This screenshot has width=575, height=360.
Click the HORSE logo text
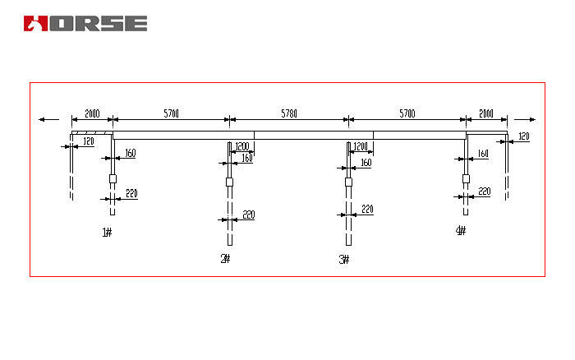[x=85, y=23]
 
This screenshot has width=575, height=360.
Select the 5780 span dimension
[x=289, y=112]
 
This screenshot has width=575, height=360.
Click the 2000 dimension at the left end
[x=92, y=113]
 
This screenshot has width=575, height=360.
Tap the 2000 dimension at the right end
[x=486, y=113]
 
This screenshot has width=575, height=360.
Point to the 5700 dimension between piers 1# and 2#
[x=171, y=113]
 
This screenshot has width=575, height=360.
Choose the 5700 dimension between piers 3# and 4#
[x=407, y=113]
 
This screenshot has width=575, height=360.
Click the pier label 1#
[x=107, y=233]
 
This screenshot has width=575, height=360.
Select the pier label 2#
[x=225, y=259]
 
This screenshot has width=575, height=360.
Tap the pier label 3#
[x=343, y=259]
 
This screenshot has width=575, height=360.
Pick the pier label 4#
[x=460, y=231]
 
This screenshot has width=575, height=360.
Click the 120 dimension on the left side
[x=88, y=142]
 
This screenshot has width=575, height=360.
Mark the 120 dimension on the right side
[x=522, y=136]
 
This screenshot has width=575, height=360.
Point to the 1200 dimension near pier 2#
[x=241, y=147]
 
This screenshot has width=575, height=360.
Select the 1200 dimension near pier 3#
[x=361, y=147]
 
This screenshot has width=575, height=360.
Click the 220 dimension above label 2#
[x=248, y=215]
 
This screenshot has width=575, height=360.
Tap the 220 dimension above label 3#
[x=367, y=210]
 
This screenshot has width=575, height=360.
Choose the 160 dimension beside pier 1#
[x=131, y=153]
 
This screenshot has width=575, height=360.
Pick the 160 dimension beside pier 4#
[x=483, y=154]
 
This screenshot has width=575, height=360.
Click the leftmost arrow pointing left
[x=44, y=119]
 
